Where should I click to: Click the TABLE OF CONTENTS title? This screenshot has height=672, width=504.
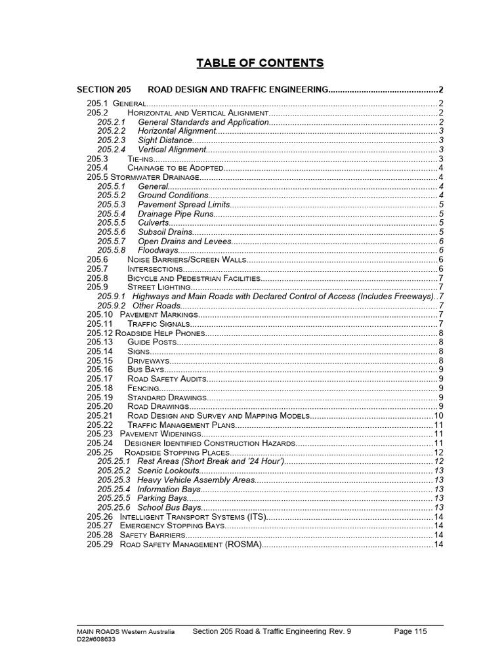tap(261, 63)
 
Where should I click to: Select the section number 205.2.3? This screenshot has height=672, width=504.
tap(110, 140)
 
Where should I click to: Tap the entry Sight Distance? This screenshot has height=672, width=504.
tap(165, 140)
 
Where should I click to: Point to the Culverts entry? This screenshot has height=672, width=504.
tap(154, 222)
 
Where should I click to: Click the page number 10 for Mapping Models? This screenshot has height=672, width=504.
tap(438, 416)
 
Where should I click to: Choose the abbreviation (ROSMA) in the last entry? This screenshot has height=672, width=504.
tap(243, 545)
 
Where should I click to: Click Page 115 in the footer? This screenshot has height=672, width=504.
tap(410, 631)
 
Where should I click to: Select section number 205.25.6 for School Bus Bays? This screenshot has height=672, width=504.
tap(114, 508)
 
